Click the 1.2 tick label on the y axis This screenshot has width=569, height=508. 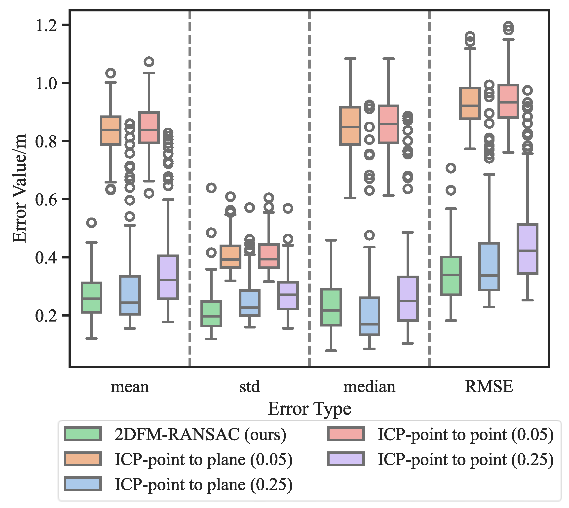click(46, 25)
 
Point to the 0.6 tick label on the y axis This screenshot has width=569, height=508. click(46, 200)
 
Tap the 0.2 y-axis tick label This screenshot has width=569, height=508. click(46, 316)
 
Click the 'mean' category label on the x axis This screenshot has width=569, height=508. click(130, 387)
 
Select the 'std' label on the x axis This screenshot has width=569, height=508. click(250, 387)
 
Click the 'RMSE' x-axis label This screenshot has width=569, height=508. click(489, 387)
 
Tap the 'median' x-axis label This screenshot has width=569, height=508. click(369, 387)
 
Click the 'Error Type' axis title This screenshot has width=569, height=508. click(309, 409)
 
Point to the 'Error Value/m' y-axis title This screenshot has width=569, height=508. click(20, 188)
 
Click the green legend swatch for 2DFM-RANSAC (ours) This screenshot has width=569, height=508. click(83, 434)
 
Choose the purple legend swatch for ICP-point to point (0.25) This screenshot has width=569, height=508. click(346, 459)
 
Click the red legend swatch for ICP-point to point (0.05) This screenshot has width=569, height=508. click(346, 434)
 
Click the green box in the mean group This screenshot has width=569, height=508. click(91, 297)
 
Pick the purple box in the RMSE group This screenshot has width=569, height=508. click(527, 249)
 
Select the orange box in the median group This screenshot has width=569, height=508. click(350, 126)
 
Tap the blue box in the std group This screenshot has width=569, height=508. click(250, 303)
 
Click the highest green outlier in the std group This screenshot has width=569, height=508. click(211, 188)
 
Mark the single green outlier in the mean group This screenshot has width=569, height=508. click(91, 222)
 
